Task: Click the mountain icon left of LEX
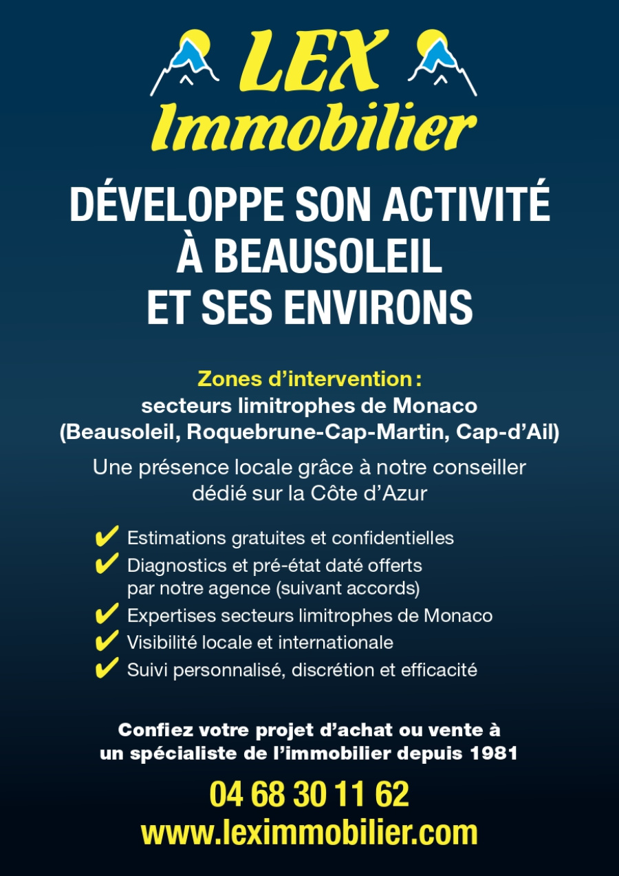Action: pos(184,62)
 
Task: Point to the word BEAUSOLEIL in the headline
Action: pos(327,256)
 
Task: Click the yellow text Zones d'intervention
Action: pos(309,378)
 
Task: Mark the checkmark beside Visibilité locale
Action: pos(106,641)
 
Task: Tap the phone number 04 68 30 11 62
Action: pos(309,795)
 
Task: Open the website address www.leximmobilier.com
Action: pos(309,833)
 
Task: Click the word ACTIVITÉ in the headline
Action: pos(472,204)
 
